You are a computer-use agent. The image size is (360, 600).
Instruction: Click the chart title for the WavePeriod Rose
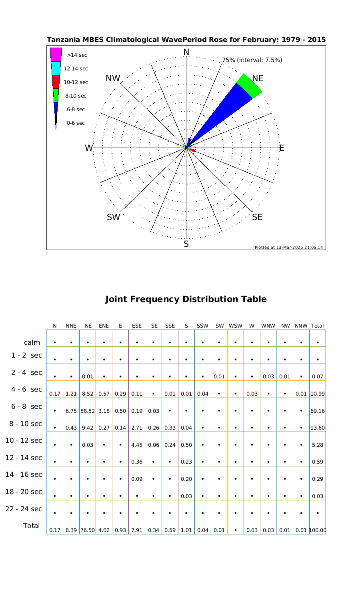(x=186, y=40)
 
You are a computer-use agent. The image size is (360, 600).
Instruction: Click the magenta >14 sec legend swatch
(x=56, y=54)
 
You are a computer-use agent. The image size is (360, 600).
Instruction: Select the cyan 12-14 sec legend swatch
(x=56, y=68)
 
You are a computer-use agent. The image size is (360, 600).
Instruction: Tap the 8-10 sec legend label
(x=76, y=96)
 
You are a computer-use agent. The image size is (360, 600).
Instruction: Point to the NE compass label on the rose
(x=258, y=78)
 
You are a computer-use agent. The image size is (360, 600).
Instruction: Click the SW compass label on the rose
(x=114, y=218)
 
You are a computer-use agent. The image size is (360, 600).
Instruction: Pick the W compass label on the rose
(x=89, y=148)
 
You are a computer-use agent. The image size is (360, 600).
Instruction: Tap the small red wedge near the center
(x=192, y=150)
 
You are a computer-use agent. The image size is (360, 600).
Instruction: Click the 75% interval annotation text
(x=252, y=60)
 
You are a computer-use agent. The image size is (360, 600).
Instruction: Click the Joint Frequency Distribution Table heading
(x=186, y=299)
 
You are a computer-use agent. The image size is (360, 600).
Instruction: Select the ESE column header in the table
(x=137, y=326)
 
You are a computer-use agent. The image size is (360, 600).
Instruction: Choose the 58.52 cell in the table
(x=87, y=411)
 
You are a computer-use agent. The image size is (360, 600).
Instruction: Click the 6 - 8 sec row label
(x=24, y=407)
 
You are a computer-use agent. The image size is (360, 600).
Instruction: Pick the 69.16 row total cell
(x=318, y=411)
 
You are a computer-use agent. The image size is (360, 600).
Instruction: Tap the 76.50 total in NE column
(x=87, y=530)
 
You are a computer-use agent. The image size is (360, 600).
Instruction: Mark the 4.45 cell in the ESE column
(x=137, y=445)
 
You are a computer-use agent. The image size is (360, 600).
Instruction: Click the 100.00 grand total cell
(x=318, y=530)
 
